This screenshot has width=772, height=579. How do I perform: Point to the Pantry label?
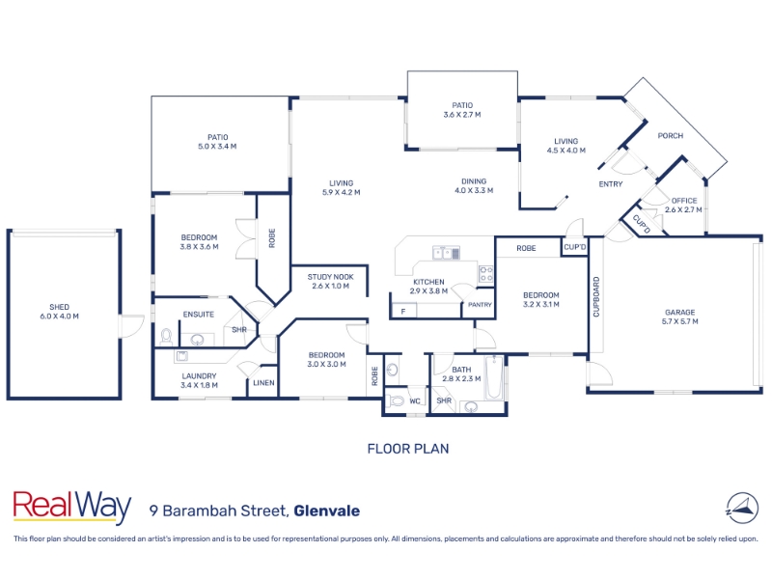(480, 305)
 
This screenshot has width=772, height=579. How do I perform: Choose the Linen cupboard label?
(263, 383)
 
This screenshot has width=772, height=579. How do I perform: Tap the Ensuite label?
(198, 314)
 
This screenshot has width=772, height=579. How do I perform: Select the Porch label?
(671, 136)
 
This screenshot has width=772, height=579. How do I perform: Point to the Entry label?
(610, 184)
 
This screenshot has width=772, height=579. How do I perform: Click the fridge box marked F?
(402, 311)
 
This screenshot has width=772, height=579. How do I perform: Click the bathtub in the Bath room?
(493, 380)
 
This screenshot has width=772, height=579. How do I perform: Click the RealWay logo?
(71, 507)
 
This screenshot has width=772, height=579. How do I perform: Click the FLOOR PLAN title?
(408, 449)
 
